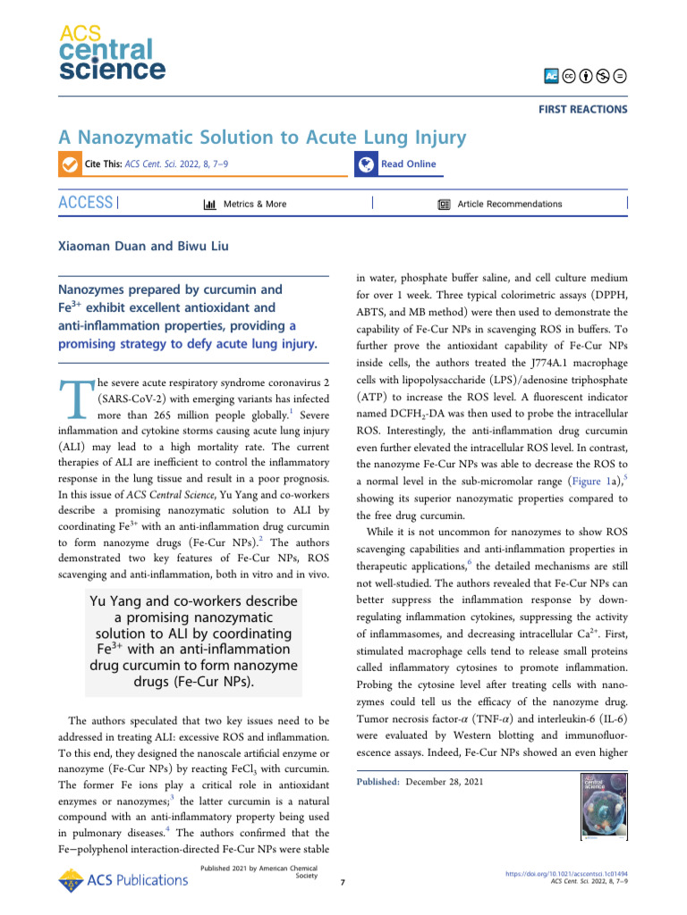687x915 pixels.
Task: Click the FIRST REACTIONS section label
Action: tap(582, 109)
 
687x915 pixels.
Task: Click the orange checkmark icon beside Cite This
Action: tap(68, 164)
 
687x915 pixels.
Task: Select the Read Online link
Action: tap(408, 164)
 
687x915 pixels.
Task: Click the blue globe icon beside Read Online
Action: tap(365, 164)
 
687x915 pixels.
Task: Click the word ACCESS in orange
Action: tap(86, 203)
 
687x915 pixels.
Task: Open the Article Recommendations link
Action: tap(509, 204)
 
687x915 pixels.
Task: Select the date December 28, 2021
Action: tap(445, 782)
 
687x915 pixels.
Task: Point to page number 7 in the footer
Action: tap(343, 884)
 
